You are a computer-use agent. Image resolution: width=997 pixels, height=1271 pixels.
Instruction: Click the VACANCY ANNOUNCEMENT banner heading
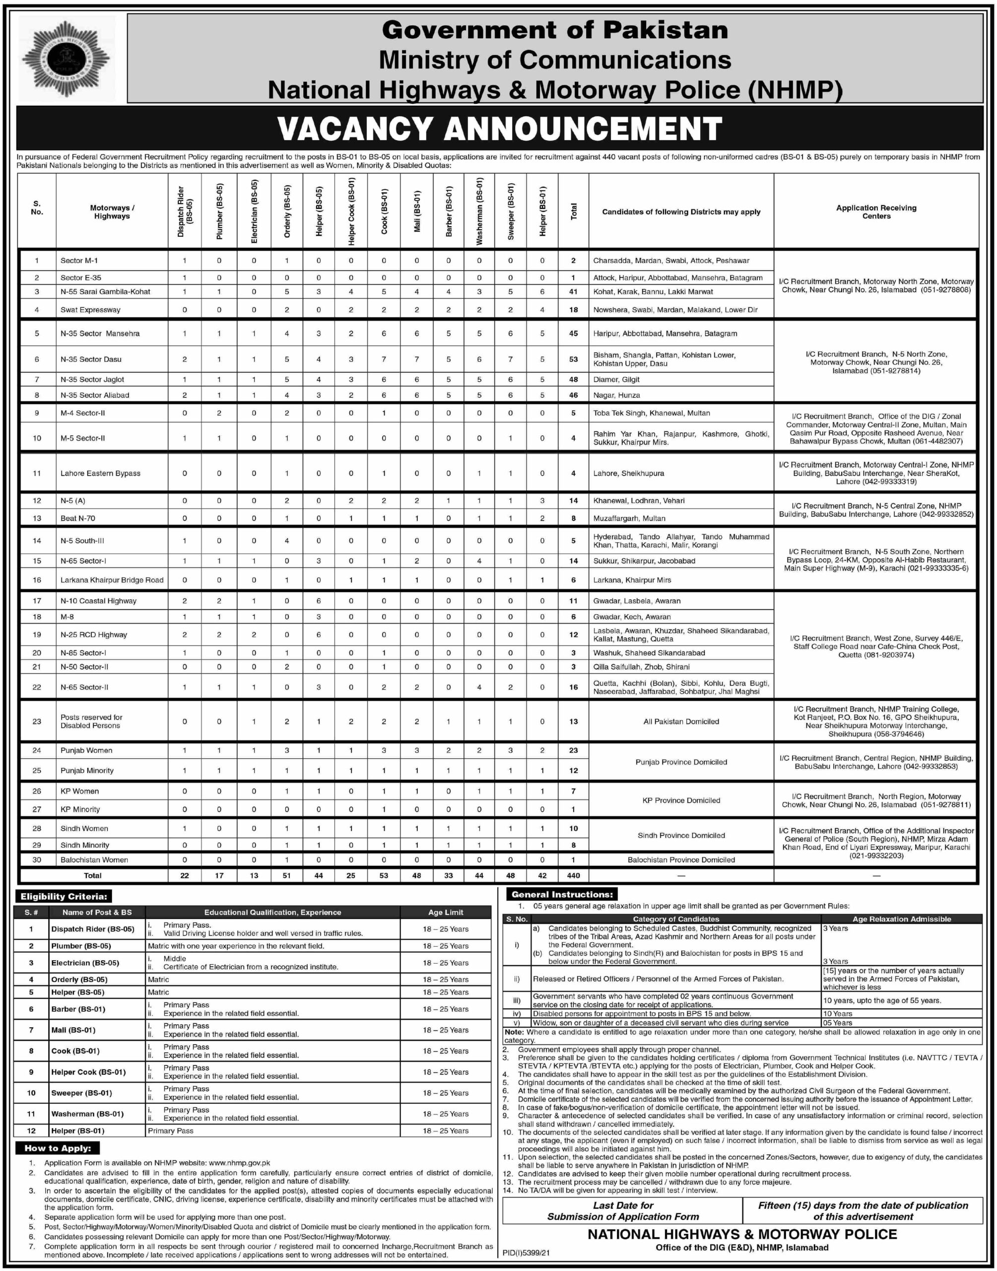499,129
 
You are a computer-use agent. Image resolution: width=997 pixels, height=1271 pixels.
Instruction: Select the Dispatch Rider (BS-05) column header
185,212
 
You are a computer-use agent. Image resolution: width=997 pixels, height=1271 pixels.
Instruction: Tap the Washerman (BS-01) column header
479,212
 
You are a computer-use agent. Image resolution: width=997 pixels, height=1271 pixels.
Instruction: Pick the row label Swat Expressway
90,310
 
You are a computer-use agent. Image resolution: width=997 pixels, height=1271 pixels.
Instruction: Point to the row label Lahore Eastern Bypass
100,474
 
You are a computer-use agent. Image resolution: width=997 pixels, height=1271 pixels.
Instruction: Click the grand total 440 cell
573,876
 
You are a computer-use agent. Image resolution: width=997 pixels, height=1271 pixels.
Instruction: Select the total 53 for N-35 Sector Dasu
573,359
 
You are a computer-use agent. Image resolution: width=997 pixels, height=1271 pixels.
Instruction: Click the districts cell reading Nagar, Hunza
616,395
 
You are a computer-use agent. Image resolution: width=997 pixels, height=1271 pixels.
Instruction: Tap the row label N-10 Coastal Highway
98,601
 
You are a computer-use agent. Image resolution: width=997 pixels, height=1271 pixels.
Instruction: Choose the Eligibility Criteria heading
64,897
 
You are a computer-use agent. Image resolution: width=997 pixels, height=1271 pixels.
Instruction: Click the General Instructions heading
562,895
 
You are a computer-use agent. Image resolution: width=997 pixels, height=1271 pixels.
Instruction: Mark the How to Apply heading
57,1148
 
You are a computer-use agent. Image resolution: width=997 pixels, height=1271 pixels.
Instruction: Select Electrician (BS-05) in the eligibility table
85,963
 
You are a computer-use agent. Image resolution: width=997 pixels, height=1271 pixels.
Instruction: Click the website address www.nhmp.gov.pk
239,1163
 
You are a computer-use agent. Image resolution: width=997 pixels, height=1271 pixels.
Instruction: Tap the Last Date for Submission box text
622,1211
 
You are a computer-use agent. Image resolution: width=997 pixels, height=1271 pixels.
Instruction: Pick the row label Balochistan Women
94,860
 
